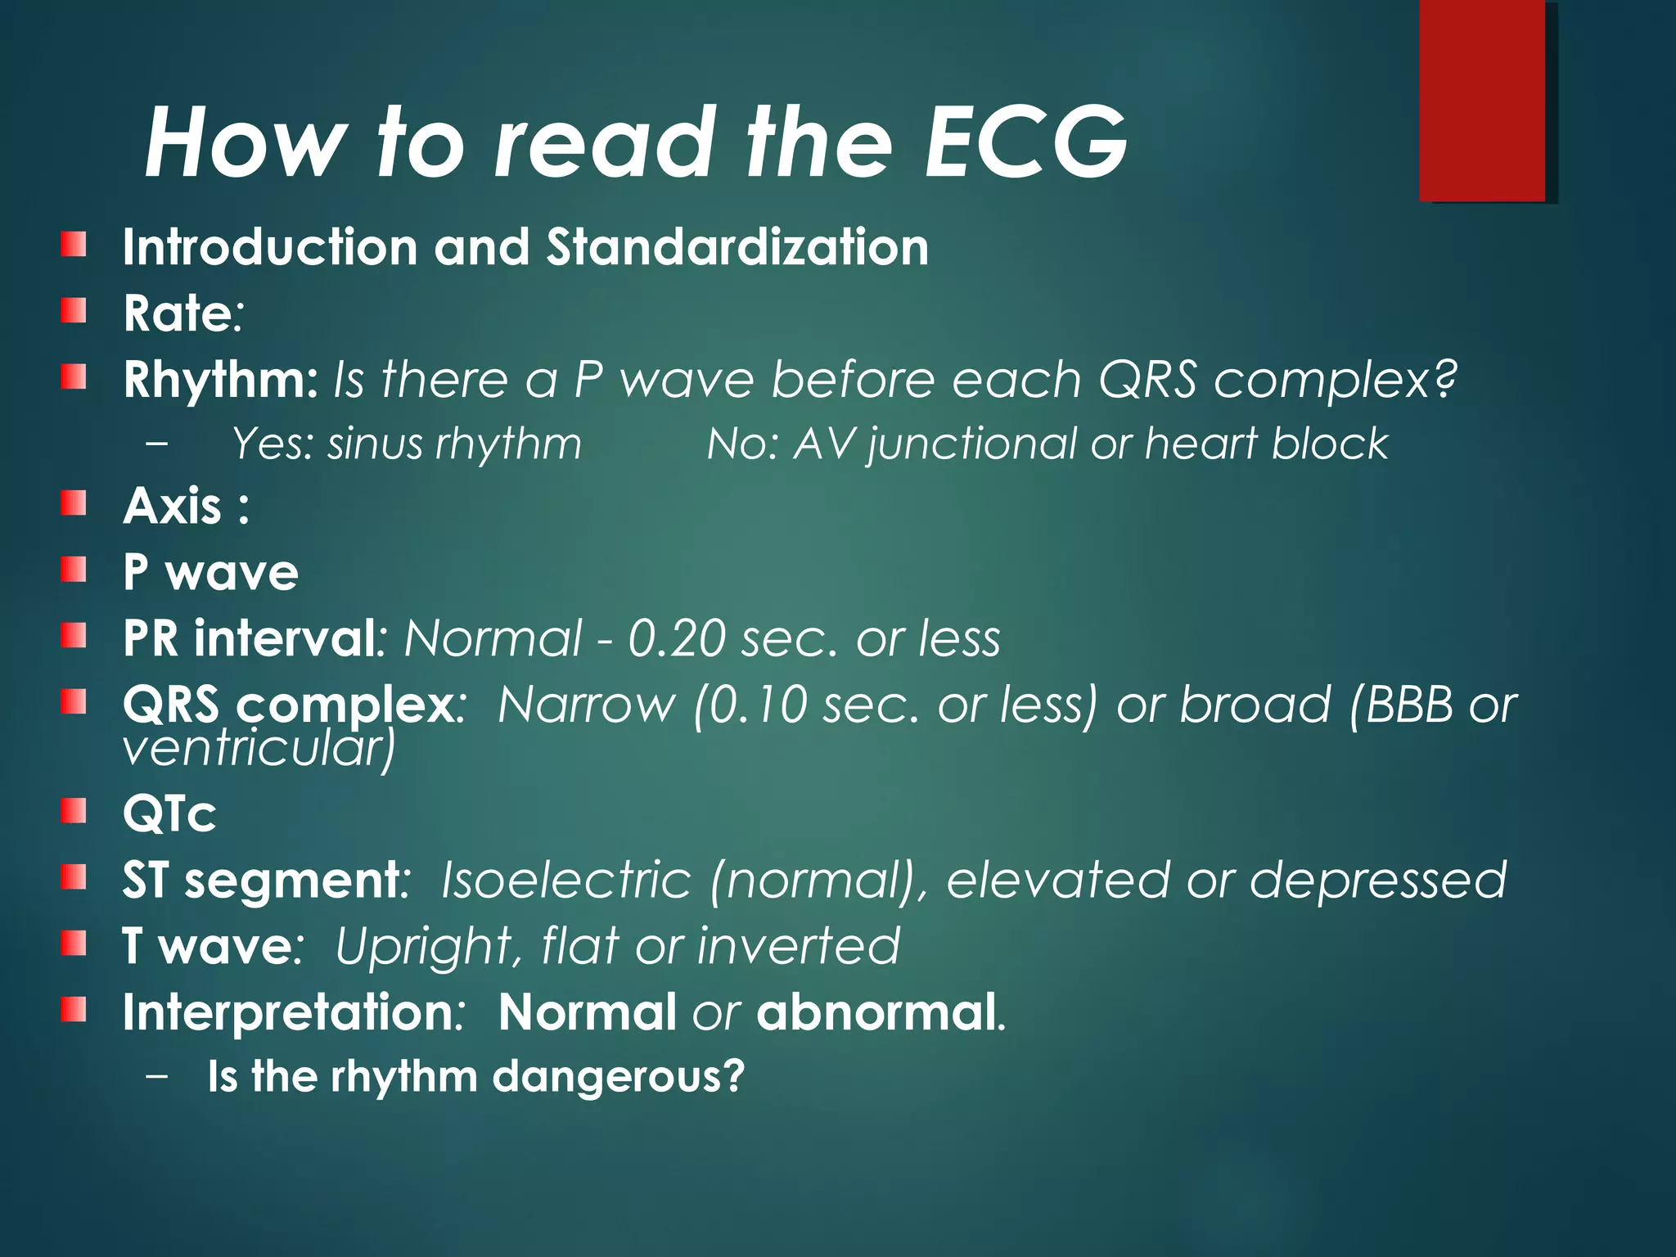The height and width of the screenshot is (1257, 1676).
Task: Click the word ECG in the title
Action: pyautogui.click(x=1026, y=142)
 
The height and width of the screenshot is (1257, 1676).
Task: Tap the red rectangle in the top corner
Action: pyautogui.click(x=1482, y=100)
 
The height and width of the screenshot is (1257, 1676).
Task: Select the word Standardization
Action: pyautogui.click(x=737, y=247)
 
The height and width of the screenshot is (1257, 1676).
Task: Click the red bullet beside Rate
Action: pyautogui.click(x=74, y=310)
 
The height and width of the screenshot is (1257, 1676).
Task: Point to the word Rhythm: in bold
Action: pyautogui.click(x=220, y=381)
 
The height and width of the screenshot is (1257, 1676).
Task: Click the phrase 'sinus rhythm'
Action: pyautogui.click(x=454, y=444)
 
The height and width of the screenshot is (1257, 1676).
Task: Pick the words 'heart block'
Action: pyautogui.click(x=1266, y=444)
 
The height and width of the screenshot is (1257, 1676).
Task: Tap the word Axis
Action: pyautogui.click(x=173, y=506)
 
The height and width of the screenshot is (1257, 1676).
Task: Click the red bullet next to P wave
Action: pyautogui.click(x=74, y=569)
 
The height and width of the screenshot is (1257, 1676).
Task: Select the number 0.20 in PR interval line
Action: pyautogui.click(x=676, y=638)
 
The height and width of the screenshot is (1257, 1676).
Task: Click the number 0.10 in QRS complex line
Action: pyautogui.click(x=758, y=705)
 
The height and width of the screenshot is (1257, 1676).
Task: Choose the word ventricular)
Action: pyautogui.click(x=259, y=748)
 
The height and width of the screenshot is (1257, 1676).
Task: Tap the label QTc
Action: pyautogui.click(x=169, y=814)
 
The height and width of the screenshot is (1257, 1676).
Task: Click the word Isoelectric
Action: pyautogui.click(x=566, y=881)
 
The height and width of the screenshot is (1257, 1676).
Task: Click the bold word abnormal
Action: pyautogui.click(x=876, y=1013)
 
